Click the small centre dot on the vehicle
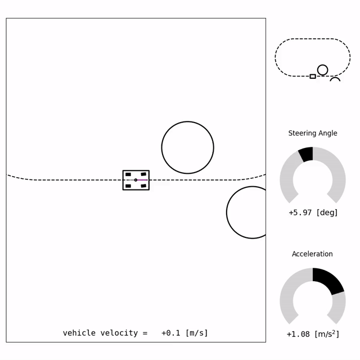tap(136, 180)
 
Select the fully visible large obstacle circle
tap(187, 147)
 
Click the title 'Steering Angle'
tap(313, 133)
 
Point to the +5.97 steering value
tap(300, 213)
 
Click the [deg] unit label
tap(327, 213)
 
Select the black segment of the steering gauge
tap(306, 154)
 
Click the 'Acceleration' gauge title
tap(312, 254)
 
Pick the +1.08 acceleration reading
tap(298, 334)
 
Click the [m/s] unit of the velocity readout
tap(196, 333)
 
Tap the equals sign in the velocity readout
tap(145, 333)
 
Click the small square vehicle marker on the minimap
tap(313, 76)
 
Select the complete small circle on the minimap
tap(322, 70)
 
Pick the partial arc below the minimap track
tap(335, 79)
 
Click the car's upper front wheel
tap(143, 174)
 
